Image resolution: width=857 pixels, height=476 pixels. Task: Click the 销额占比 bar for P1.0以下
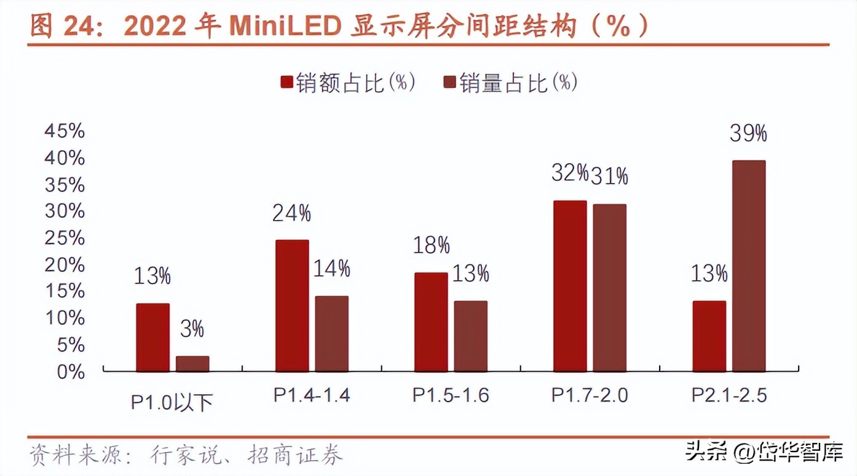click(x=152, y=338)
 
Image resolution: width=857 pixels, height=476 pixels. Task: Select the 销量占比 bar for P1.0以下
click(x=192, y=364)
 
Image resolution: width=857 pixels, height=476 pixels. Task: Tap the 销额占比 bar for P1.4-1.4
click(x=292, y=306)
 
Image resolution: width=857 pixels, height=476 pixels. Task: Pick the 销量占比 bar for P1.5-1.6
click(x=471, y=336)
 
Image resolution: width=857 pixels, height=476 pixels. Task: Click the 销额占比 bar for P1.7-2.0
click(x=570, y=286)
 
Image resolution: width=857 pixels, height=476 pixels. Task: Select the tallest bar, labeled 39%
click(x=749, y=266)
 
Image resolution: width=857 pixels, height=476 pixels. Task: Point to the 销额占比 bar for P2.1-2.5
click(x=709, y=336)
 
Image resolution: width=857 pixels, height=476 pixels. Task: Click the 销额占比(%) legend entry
click(x=348, y=82)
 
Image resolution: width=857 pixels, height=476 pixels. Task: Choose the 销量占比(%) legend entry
click(x=510, y=82)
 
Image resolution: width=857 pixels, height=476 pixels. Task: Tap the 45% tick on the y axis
click(x=65, y=131)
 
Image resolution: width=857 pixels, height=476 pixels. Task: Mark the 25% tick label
click(x=65, y=238)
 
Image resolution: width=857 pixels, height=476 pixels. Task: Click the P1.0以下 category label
click(x=172, y=402)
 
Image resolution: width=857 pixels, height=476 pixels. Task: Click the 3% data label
click(x=192, y=330)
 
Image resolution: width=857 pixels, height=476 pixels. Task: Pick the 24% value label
click(x=291, y=213)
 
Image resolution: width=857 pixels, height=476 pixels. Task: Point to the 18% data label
click(x=431, y=245)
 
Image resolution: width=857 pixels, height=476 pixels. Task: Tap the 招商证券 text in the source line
click(x=295, y=456)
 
